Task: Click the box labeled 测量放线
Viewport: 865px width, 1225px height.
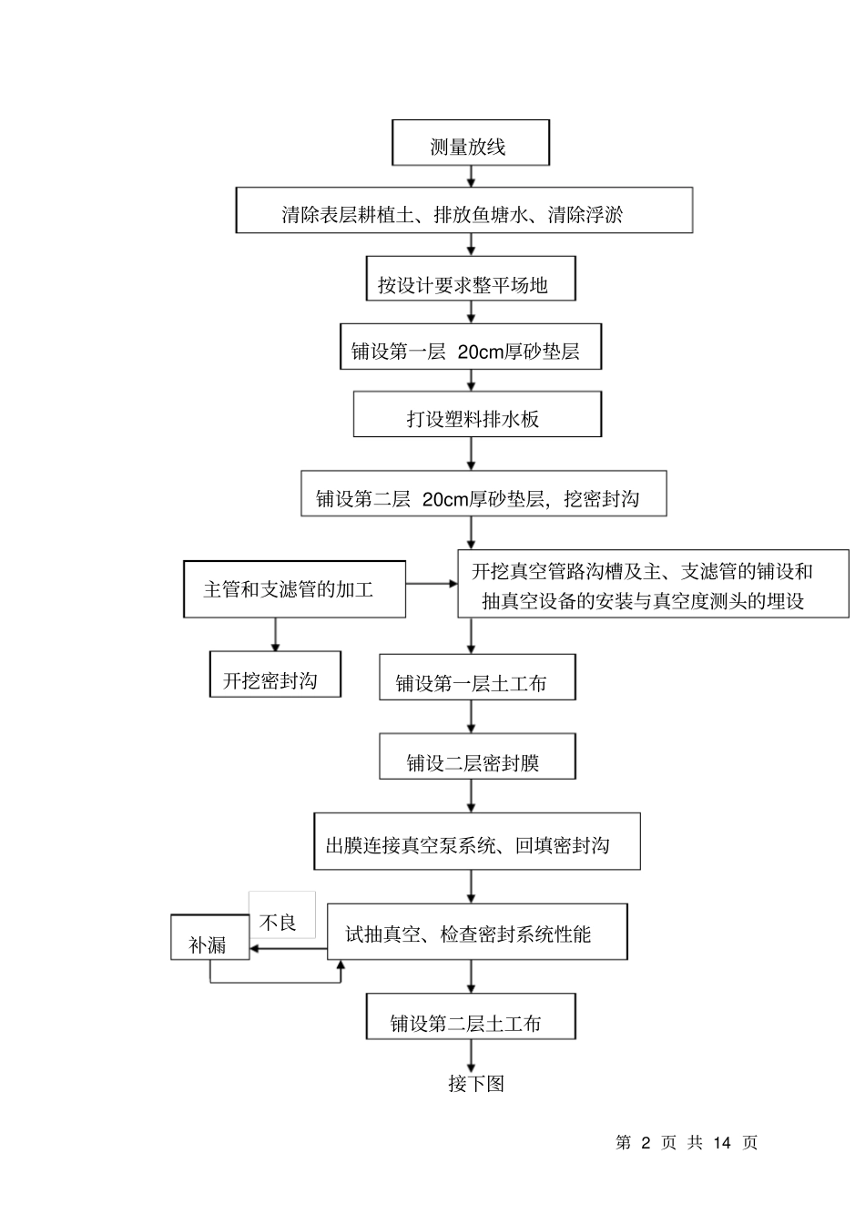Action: (470, 143)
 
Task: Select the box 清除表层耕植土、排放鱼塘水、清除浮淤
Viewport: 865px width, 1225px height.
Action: (464, 210)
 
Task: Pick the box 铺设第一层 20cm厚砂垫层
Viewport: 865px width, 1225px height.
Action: (470, 347)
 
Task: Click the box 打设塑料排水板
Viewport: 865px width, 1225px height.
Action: (477, 414)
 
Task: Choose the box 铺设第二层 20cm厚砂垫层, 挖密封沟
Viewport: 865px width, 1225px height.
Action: (483, 494)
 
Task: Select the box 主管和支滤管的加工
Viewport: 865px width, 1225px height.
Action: (294, 589)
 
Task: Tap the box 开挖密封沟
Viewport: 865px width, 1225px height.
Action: (275, 675)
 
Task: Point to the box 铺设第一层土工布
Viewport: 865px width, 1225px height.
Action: (477, 678)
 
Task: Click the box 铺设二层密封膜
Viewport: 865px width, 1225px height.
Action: (477, 757)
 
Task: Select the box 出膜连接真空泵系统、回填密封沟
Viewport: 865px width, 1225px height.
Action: (476, 842)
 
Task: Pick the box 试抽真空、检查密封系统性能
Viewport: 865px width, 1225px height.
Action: (476, 932)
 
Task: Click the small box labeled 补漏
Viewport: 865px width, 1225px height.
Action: (209, 939)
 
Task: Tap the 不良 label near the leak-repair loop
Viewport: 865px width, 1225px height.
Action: (280, 918)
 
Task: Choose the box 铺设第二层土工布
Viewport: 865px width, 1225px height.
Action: (471, 1016)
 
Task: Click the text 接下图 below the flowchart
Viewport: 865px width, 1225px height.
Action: (475, 1084)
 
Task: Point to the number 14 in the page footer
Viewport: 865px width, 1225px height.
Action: (722, 1142)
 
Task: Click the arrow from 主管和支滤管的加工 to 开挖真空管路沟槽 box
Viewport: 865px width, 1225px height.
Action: (432, 584)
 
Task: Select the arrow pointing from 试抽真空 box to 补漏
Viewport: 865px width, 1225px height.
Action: (288, 949)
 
